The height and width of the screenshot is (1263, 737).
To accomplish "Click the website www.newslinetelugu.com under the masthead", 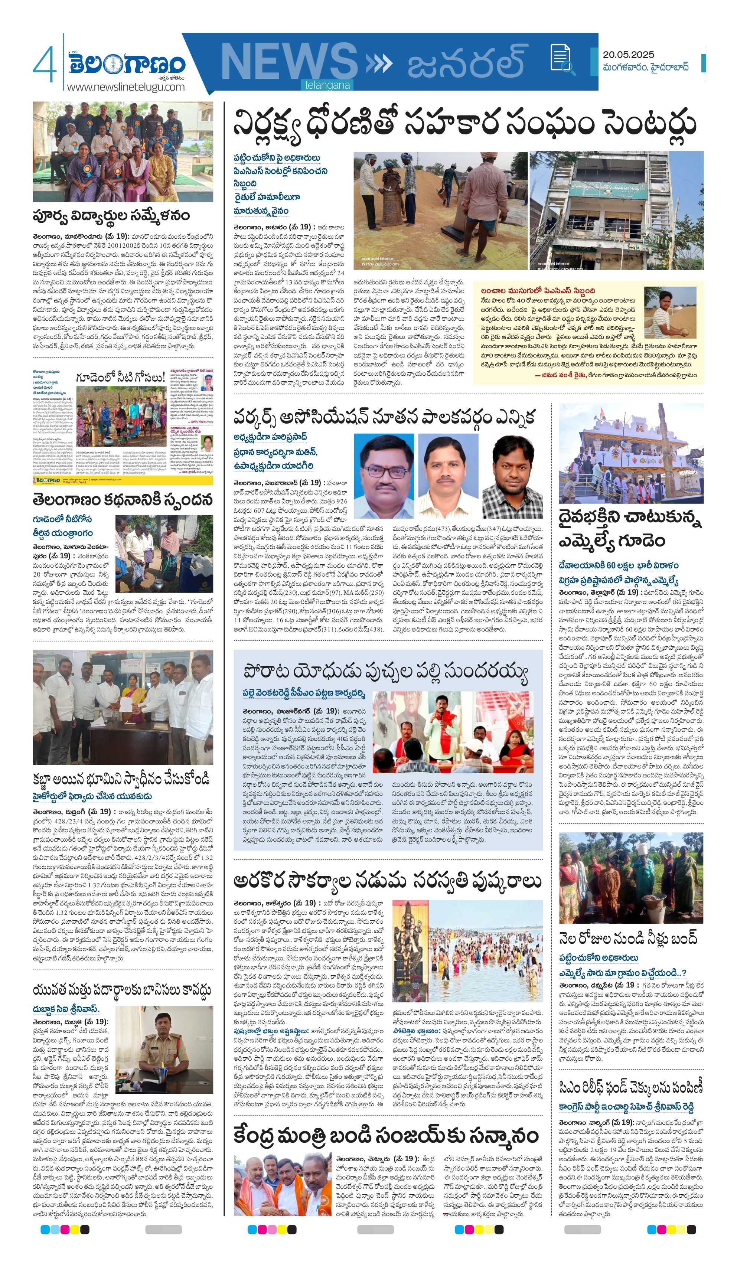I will coord(126,87).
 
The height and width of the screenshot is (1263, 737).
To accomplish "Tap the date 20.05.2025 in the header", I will coord(628,55).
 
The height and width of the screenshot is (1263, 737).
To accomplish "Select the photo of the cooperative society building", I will coord(616,210).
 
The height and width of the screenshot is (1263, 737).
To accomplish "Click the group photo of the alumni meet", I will coord(123,151).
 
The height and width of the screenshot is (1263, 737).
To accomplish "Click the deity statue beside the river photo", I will coord(410,951).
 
